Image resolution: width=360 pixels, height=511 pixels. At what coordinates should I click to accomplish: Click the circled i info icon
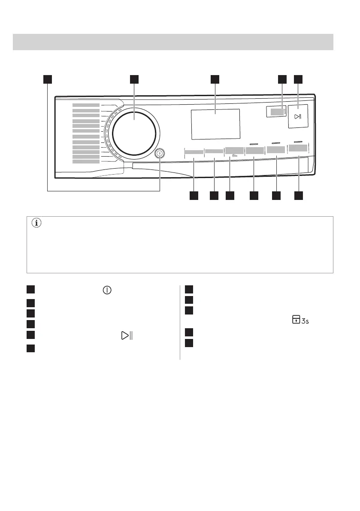tap(36, 223)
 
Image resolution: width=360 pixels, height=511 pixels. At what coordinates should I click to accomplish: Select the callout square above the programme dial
tap(134, 79)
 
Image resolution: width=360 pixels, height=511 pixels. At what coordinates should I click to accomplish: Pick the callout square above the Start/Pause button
tap(298, 79)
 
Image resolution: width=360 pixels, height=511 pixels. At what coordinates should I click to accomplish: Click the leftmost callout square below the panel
tap(194, 196)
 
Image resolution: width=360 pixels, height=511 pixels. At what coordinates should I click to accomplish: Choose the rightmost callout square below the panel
tap(299, 196)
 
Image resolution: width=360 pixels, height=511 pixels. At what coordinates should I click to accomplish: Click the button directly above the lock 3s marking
tap(234, 151)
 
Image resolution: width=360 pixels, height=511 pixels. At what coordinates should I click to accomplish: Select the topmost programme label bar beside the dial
tap(86, 105)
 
